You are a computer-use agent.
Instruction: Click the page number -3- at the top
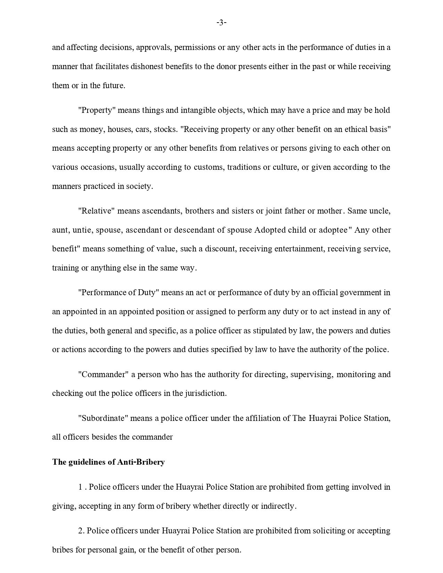click(x=221, y=23)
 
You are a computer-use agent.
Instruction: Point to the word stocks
click(x=165, y=130)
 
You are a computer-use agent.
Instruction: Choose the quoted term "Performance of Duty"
click(x=118, y=292)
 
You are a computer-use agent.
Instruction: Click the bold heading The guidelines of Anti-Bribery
click(x=108, y=462)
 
